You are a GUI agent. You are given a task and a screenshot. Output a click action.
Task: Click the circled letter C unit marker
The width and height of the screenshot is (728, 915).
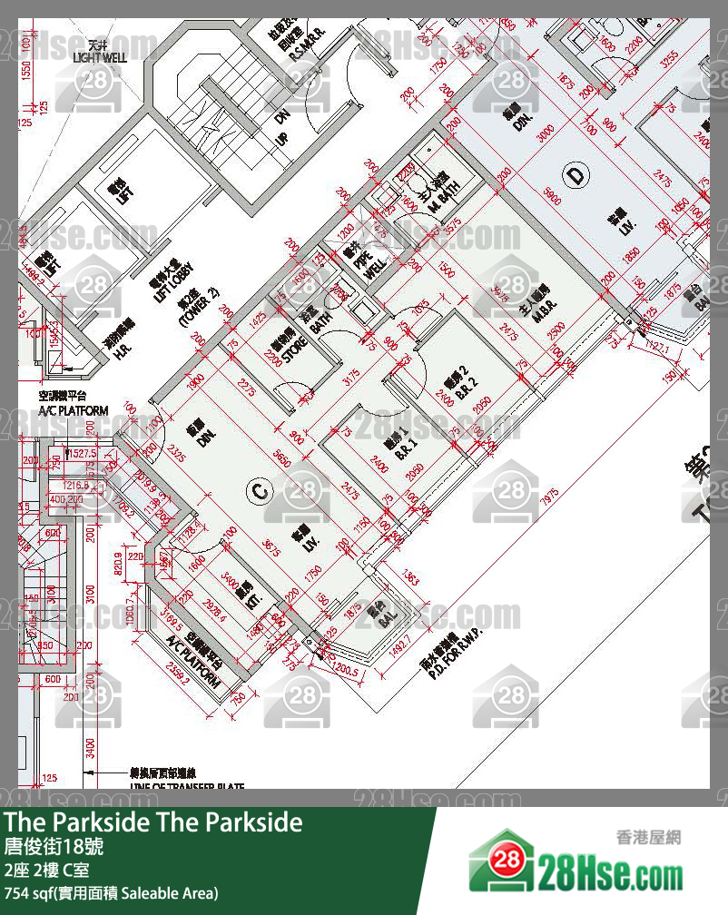point(259,492)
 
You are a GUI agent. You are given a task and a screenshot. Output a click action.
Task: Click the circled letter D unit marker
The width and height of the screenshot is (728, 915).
point(576,175)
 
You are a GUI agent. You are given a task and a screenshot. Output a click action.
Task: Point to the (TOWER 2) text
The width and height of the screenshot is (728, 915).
point(198,309)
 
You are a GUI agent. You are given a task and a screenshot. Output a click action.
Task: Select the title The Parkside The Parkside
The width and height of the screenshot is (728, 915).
point(152,822)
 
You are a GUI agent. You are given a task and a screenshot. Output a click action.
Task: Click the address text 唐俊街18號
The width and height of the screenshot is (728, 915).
point(54,849)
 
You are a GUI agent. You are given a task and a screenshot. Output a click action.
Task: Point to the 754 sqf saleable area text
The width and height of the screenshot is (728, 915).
point(111,894)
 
